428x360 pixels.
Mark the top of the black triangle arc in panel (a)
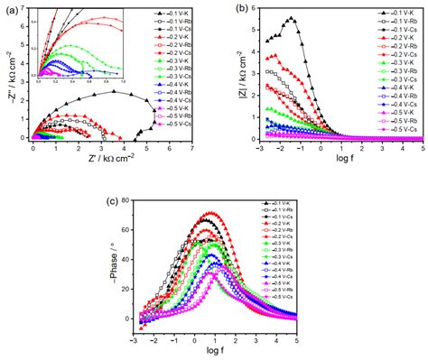point(114,91)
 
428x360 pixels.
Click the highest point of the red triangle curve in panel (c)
point(211,213)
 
